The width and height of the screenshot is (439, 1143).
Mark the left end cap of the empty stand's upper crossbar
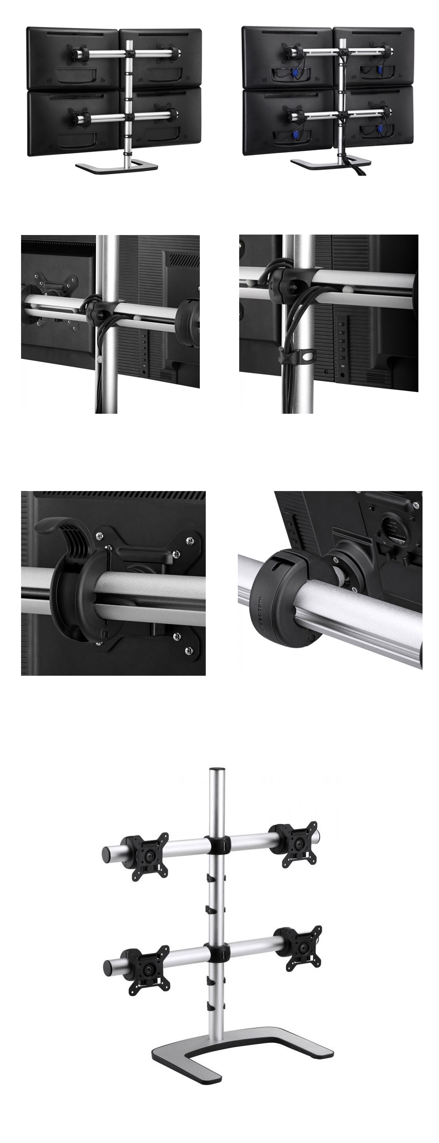coord(106,853)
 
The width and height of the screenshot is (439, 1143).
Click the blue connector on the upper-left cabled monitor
coord(295,74)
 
